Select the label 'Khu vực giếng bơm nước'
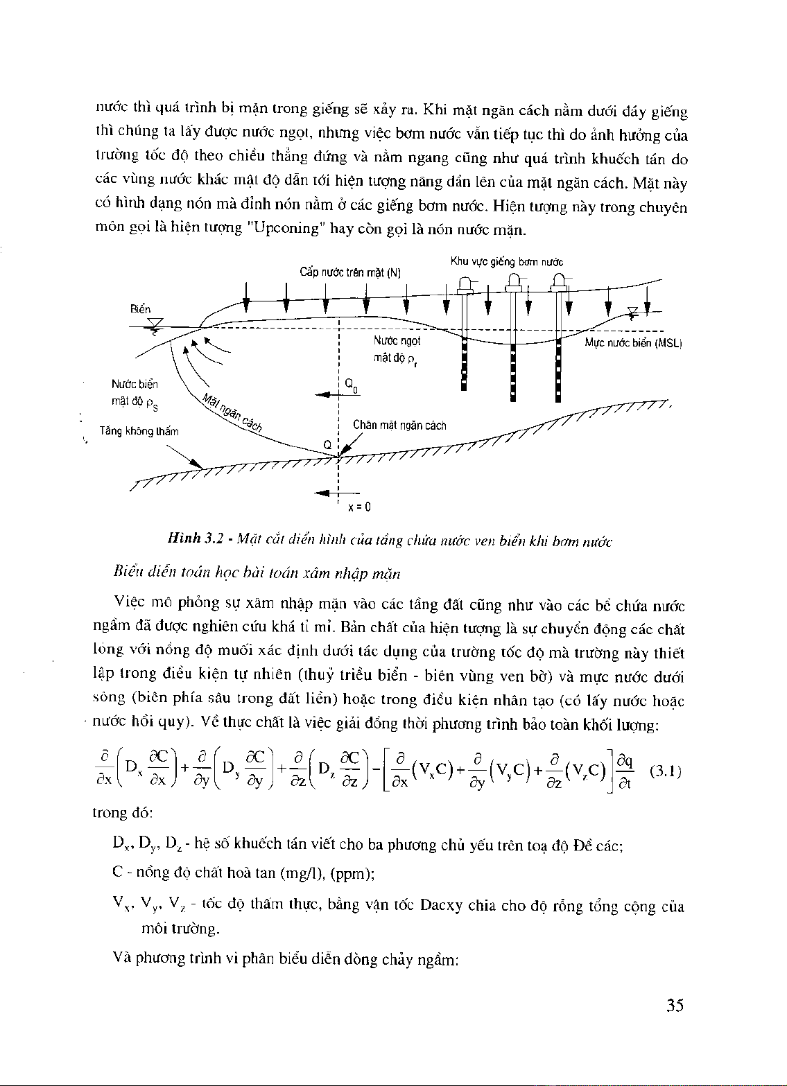pos(506,262)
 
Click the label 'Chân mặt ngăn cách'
pos(399,426)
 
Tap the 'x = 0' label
pos(359,507)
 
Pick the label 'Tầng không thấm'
pos(139,431)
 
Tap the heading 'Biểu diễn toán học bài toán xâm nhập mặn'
pos(257,573)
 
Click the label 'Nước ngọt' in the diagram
pos(397,341)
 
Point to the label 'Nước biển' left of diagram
pos(134,384)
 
